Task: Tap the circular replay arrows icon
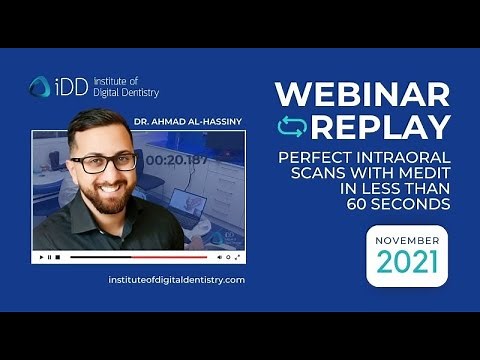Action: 291,127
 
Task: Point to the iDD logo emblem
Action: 40,87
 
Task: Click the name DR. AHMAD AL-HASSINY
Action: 187,123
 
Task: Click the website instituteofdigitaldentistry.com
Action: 176,279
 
